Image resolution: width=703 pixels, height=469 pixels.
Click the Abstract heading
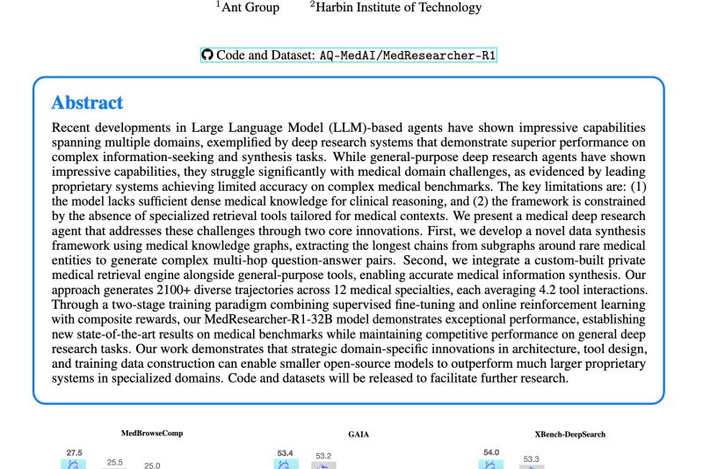click(x=87, y=103)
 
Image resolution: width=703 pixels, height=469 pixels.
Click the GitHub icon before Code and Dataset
click(x=207, y=55)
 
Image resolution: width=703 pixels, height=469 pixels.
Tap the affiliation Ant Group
click(x=250, y=7)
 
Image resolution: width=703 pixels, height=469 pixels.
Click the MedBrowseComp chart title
click(x=152, y=433)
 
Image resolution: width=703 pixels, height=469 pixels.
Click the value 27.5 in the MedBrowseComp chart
click(x=74, y=452)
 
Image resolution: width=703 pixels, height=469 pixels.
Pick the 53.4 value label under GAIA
click(x=285, y=452)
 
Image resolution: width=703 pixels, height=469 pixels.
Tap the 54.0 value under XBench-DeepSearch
click(x=491, y=452)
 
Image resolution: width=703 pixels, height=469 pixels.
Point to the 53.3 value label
click(x=531, y=458)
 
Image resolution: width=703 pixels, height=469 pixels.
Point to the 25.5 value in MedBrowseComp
click(x=115, y=461)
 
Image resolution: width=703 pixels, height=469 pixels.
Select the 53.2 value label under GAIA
click(x=323, y=456)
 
